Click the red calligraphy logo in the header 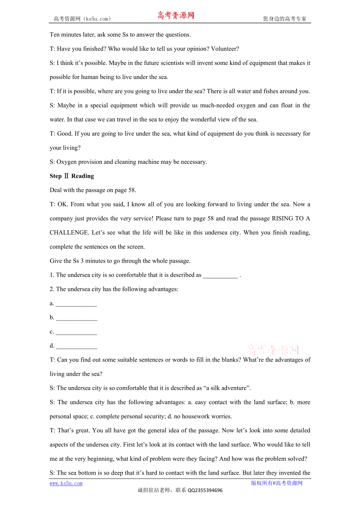176,16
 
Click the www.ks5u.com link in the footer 66,484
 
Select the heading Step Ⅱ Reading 72,176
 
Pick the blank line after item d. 77,347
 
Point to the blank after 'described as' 220,276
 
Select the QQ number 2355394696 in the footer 205,491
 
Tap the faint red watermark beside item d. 273,349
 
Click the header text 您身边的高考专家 284,19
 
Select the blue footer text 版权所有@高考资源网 277,483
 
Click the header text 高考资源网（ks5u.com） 82,19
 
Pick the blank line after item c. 76,333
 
